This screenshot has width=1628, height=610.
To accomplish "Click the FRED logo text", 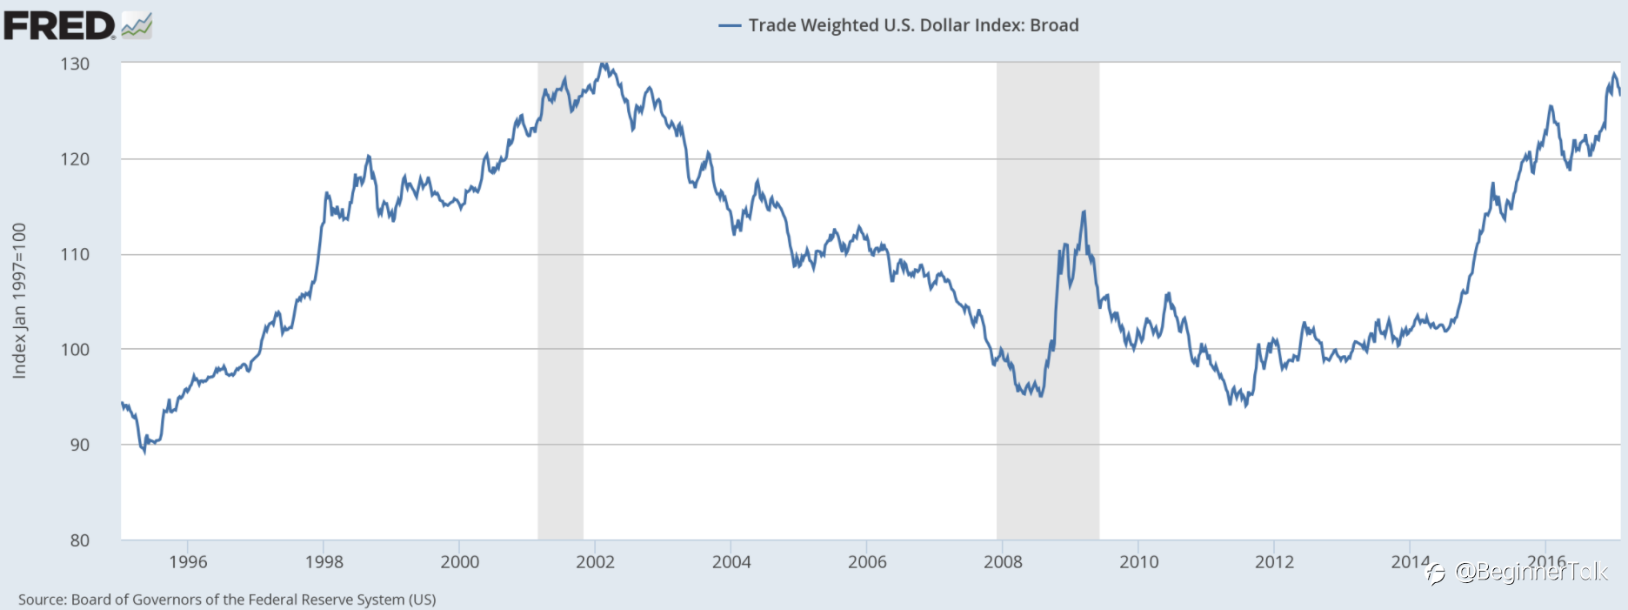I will (x=59, y=25).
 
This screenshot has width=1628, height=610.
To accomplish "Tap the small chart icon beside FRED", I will (x=137, y=26).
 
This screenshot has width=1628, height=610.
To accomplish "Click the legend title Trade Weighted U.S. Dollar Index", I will (x=913, y=25).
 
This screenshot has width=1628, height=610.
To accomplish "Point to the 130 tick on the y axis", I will (x=75, y=64).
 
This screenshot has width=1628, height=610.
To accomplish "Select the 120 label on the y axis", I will (x=75, y=159).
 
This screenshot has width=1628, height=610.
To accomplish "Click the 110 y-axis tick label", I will (x=75, y=254).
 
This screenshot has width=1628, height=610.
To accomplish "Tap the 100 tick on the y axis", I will (x=75, y=350).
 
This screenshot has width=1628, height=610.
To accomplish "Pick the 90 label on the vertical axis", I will (x=79, y=445).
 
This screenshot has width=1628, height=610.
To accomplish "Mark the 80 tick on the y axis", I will (x=79, y=540).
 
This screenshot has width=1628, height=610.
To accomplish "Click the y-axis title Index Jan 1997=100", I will (x=19, y=300).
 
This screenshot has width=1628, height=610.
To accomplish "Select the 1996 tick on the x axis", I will (x=188, y=562).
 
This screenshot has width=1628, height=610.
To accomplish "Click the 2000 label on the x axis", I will (x=459, y=562).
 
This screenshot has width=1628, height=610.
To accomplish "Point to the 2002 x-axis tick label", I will (x=595, y=562).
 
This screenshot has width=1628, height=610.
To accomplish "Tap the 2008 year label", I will (x=1003, y=562).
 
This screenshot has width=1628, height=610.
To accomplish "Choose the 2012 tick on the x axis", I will (x=1274, y=562).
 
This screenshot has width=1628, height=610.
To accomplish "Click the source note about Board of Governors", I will (x=227, y=600).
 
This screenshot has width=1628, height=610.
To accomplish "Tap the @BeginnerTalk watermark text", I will (x=1531, y=572).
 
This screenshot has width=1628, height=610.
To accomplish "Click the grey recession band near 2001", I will (x=560, y=348).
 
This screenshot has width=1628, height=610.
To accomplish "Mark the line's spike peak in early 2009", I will (x=1084, y=211).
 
